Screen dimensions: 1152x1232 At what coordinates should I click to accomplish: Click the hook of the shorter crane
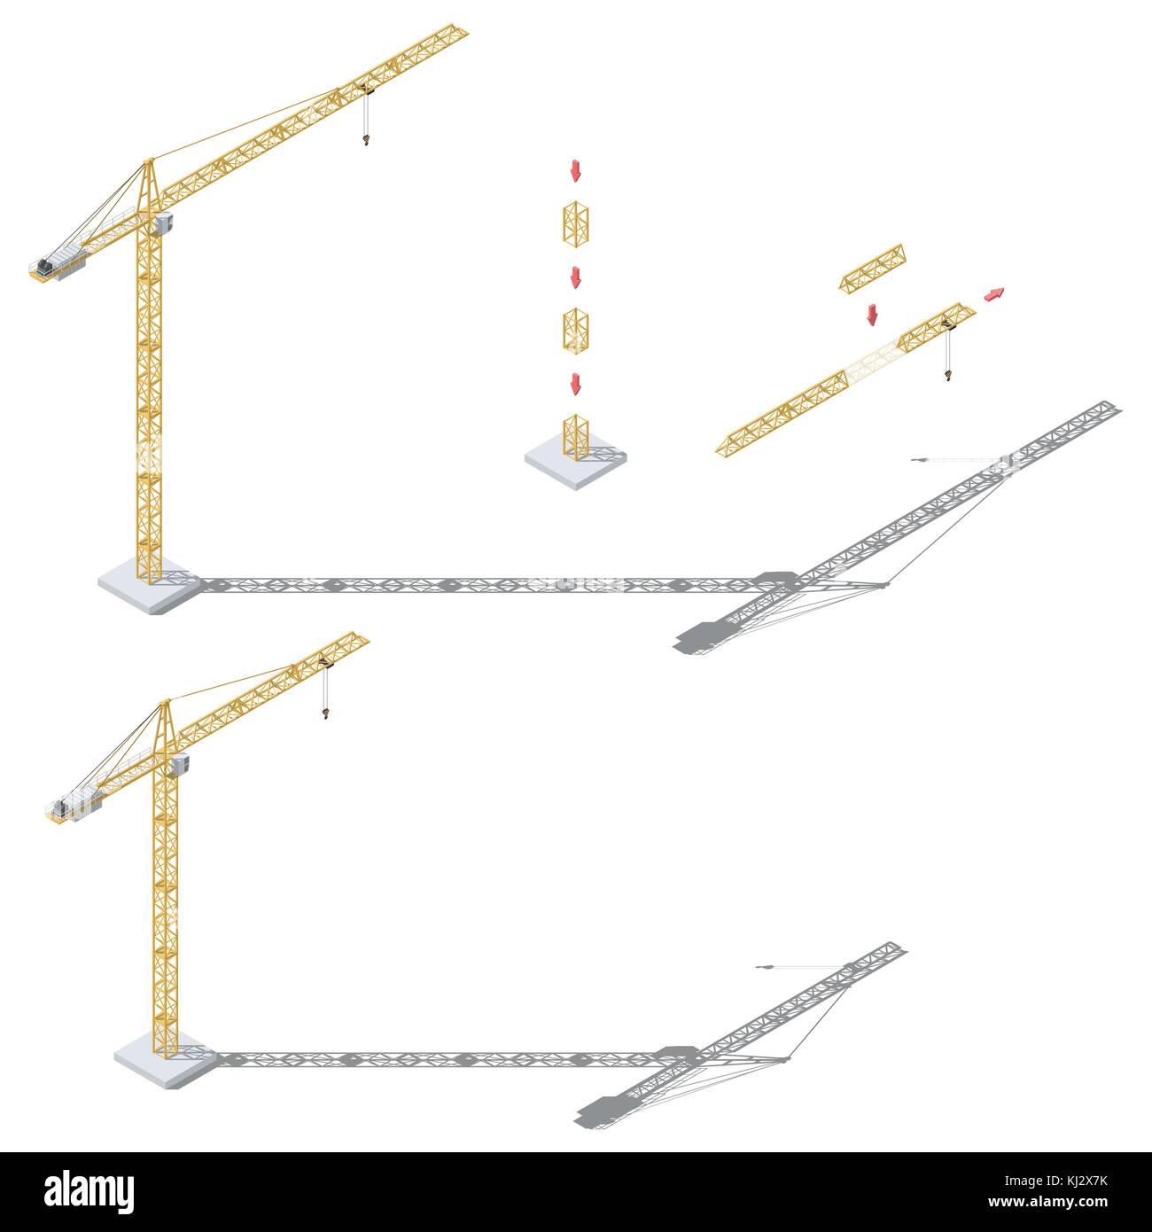tap(325, 713)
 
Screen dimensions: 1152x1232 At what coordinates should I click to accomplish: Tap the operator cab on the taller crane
tap(163, 223)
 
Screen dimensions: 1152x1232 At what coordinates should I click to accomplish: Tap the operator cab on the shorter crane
tap(180, 765)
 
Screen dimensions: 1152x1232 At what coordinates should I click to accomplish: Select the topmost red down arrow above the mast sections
tap(576, 170)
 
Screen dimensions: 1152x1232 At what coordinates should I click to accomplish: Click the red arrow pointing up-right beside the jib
tap(993, 294)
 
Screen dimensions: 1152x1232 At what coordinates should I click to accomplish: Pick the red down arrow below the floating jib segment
tap(872, 315)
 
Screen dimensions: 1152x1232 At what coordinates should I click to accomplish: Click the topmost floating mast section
tap(576, 224)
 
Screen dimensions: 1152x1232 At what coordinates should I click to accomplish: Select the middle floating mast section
tap(576, 331)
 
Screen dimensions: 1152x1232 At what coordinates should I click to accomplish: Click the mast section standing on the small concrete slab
tap(576, 437)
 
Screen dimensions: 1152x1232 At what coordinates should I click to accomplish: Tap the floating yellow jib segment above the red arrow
tap(872, 269)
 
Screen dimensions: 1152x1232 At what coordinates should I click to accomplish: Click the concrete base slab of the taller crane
tap(150, 586)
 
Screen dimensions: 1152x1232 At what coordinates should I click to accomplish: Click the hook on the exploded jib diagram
tap(947, 374)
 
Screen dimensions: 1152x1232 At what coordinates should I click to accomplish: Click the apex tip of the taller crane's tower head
tap(148, 160)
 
